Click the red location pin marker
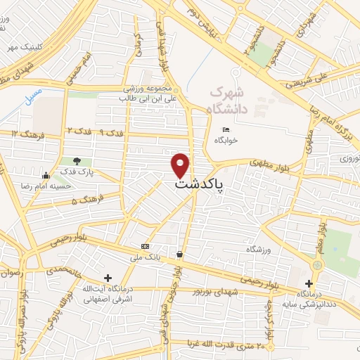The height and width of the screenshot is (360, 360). point(181,165)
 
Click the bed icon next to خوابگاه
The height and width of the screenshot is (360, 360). point(226,130)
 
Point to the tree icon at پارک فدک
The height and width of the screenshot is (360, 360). point(77,162)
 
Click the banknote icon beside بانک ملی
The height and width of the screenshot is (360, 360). point(145,246)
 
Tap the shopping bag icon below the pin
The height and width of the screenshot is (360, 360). point(181,254)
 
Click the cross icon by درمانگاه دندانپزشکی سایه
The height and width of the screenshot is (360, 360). point(309,283)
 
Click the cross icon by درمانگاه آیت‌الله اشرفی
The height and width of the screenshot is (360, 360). point(107,278)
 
